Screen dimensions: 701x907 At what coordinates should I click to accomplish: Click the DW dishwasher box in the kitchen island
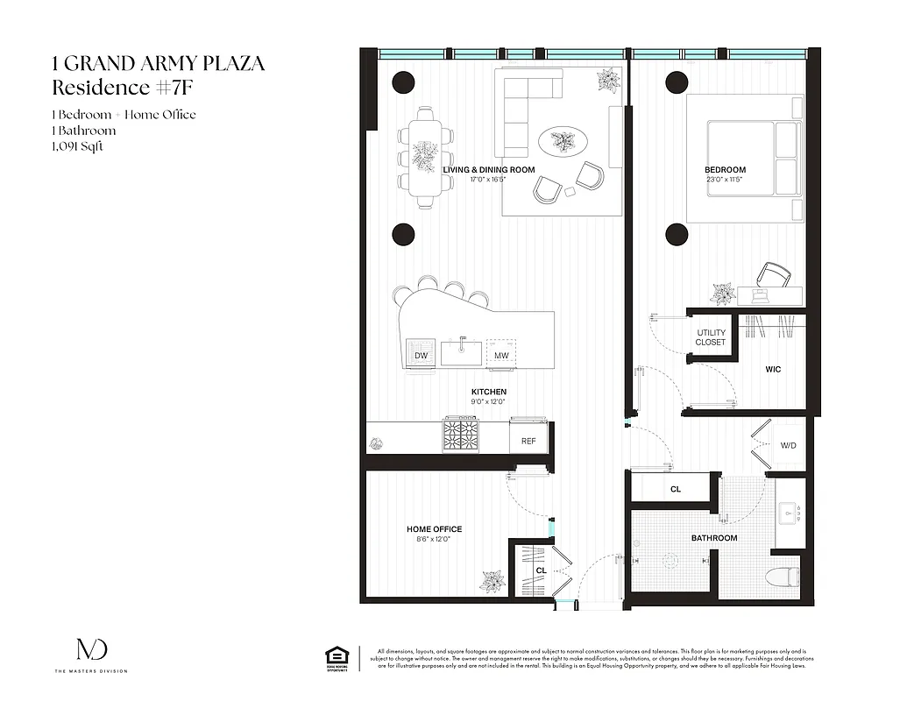pos(421,355)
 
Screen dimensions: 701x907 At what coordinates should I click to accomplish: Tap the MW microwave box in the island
pos(501,355)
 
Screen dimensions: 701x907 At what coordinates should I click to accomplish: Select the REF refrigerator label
pos(528,441)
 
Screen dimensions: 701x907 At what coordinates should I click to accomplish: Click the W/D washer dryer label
pos(789,446)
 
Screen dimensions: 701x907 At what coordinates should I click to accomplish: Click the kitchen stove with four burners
pos(461,434)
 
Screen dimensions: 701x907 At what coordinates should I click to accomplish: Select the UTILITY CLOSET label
pos(711,337)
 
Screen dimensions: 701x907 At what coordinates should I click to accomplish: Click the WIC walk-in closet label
pos(773,370)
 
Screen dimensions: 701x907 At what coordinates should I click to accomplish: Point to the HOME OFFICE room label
pos(434,529)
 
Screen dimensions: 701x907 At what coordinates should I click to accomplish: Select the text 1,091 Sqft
pos(77,146)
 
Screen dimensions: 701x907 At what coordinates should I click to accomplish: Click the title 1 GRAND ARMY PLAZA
pos(158,63)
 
